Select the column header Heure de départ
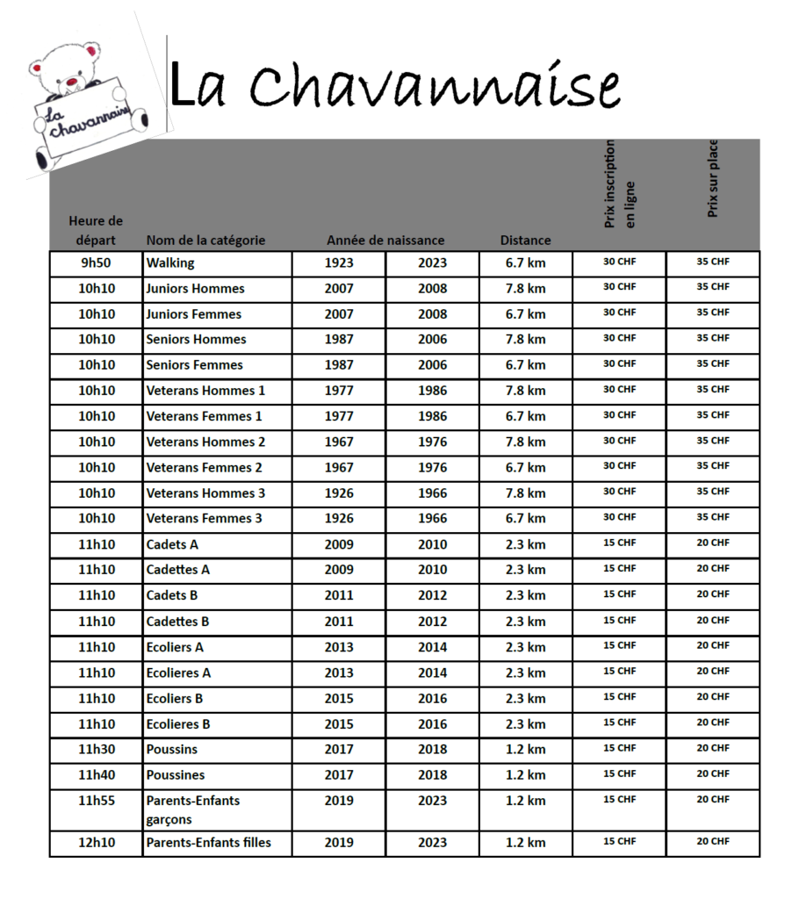coord(96,230)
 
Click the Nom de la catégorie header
coord(205,241)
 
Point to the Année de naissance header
coord(385,241)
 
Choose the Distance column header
coord(525,241)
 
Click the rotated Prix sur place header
coord(713,179)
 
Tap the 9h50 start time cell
coord(96,263)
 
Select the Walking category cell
coord(170,263)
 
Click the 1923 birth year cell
coord(339,263)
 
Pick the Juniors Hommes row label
coord(195,289)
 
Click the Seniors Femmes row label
coord(194,365)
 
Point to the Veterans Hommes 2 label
coord(205,442)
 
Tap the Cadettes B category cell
coord(178,622)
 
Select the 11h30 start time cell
coord(96,750)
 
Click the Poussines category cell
coord(176,775)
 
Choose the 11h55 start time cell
coord(96,801)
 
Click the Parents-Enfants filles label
coord(209,843)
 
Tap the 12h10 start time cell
coord(96,843)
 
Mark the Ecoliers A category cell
coord(175,647)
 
